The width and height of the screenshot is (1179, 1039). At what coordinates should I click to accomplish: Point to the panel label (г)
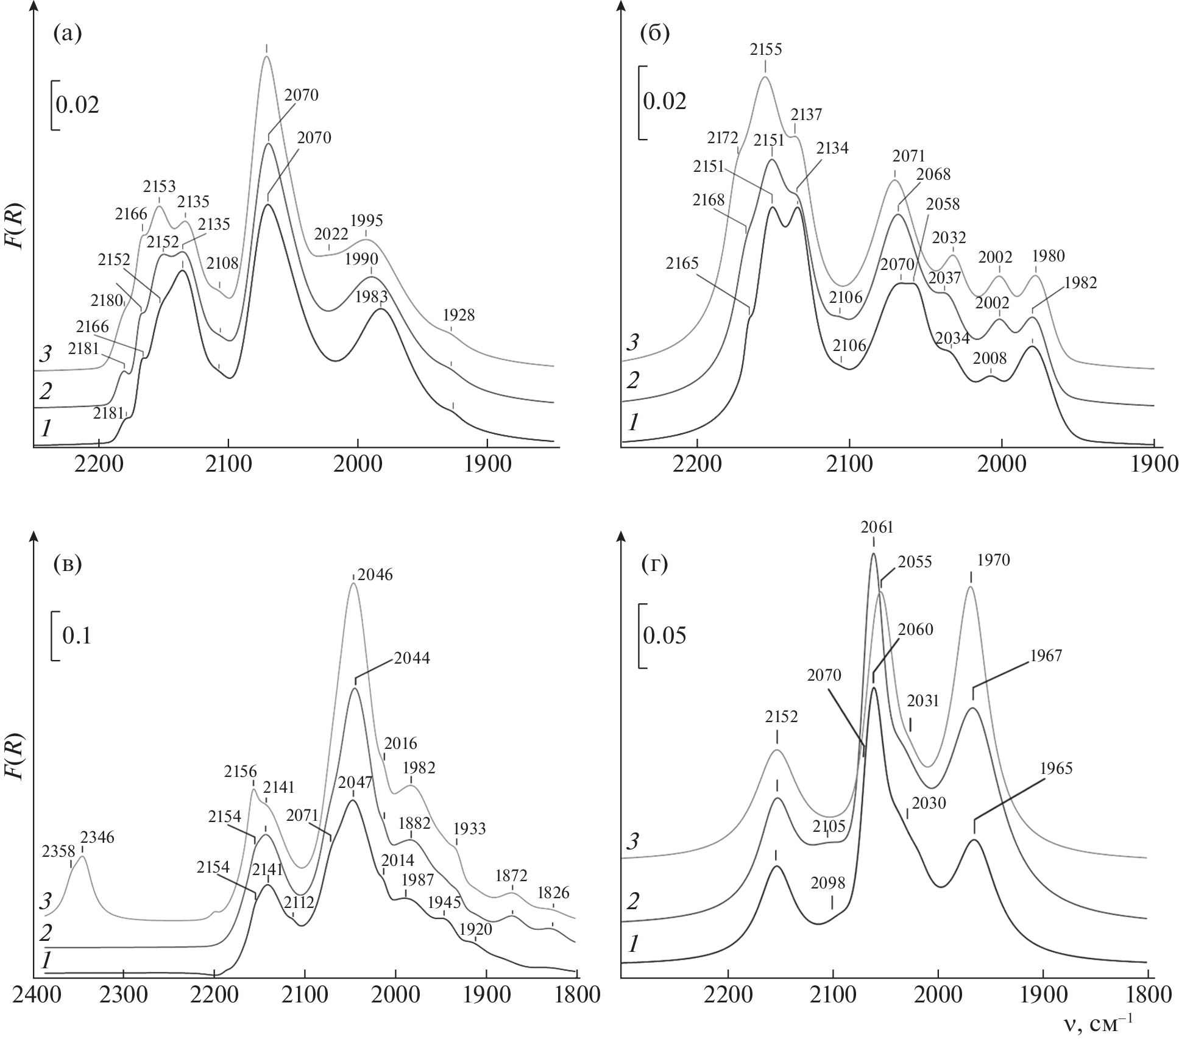(x=655, y=565)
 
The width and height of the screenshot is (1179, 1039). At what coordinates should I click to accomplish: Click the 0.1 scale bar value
(x=77, y=636)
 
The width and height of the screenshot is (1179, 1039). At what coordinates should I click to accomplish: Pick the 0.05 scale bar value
(x=665, y=635)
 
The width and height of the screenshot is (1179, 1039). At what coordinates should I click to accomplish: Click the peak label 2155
(x=766, y=49)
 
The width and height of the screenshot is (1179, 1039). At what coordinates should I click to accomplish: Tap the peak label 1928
(x=459, y=315)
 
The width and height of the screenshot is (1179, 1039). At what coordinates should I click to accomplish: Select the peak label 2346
(x=97, y=837)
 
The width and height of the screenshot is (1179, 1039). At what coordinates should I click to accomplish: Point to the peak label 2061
(x=877, y=527)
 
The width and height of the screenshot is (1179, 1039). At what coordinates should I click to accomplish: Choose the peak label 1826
(x=553, y=893)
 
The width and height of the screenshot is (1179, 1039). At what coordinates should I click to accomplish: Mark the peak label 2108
(x=222, y=263)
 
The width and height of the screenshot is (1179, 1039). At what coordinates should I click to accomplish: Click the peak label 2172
(x=723, y=138)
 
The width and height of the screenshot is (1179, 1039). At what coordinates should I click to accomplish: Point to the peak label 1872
(x=511, y=876)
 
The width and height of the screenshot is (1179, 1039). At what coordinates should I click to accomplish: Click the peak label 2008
(x=991, y=357)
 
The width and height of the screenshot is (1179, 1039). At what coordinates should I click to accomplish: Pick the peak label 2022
(x=331, y=234)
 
